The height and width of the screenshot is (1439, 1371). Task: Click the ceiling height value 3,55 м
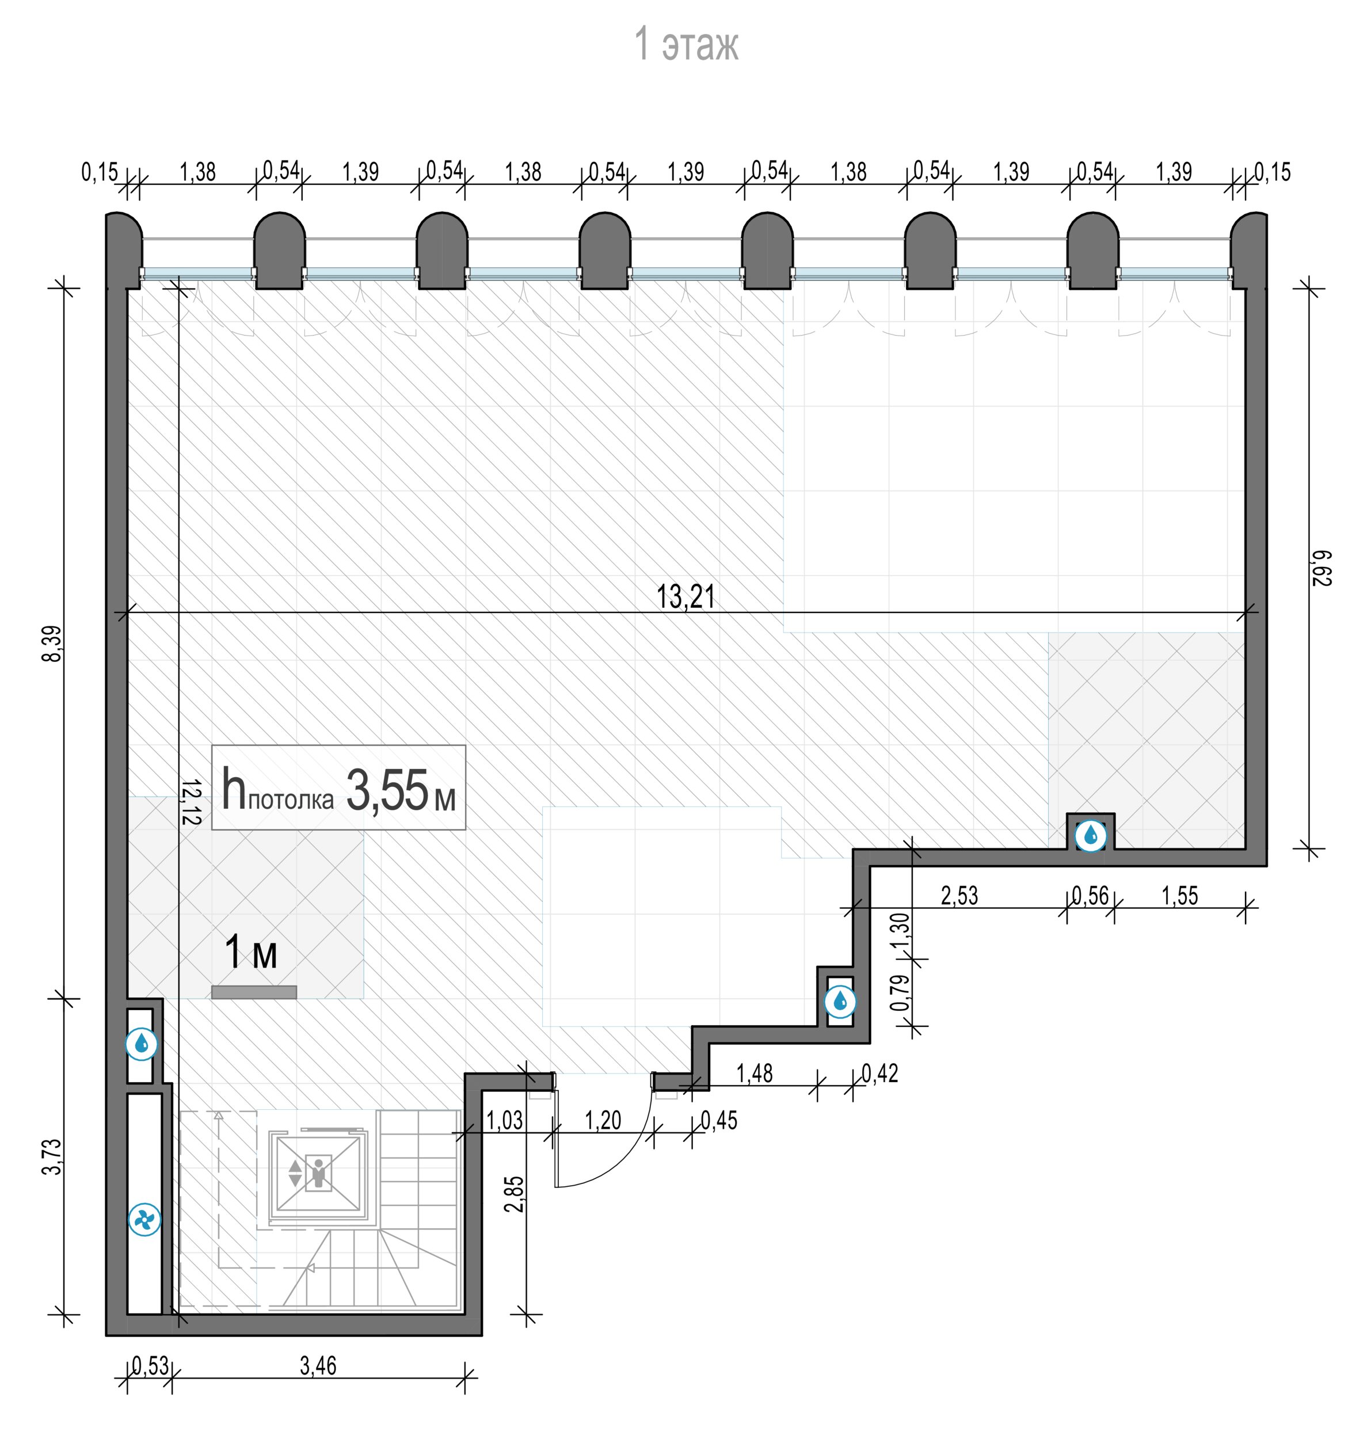coord(401,791)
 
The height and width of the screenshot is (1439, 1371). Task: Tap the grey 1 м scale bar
coord(254,992)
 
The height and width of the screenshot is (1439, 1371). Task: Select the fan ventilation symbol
coord(144,1220)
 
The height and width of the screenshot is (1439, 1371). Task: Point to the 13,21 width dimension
coord(685,596)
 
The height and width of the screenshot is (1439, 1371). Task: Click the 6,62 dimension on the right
coord(1322,568)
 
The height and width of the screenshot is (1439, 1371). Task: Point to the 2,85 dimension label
coord(515,1193)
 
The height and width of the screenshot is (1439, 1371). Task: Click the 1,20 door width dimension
coord(603,1120)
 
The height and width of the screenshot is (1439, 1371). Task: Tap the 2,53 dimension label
coord(959,895)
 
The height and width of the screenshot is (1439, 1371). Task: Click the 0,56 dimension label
coord(1090,895)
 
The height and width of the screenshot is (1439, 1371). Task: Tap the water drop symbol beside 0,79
coord(840,1001)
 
